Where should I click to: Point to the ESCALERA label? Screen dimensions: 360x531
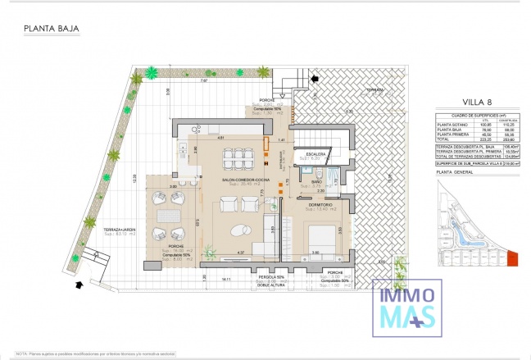tap(316, 153)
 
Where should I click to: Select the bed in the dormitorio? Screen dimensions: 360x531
tap(321, 239)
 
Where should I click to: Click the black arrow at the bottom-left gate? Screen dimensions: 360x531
tap(79, 285)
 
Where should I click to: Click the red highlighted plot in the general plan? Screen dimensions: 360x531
tap(513, 259)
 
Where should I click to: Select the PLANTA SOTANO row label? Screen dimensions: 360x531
tap(452, 124)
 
